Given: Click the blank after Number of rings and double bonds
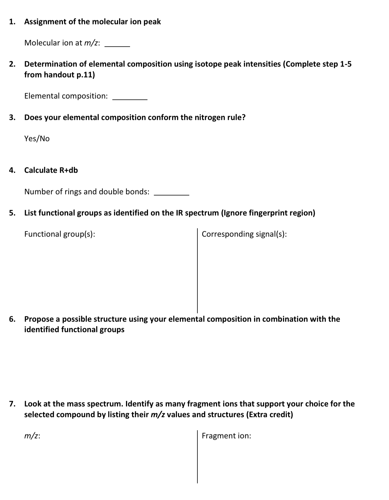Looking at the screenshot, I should click(x=172, y=194).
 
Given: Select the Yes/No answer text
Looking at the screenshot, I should click(x=37, y=139).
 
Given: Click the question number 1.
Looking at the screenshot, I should click(x=12, y=22).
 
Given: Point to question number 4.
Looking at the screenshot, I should click(x=12, y=170).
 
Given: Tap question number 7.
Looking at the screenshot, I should click(x=12, y=404).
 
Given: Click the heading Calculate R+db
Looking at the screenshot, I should click(x=51, y=170).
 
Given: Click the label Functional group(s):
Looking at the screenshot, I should click(x=60, y=234).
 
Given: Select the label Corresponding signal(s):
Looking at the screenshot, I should click(x=244, y=234).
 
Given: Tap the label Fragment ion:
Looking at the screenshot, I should click(x=226, y=436).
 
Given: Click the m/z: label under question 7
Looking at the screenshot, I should click(x=32, y=436).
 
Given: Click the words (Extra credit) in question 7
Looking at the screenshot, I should click(x=270, y=415).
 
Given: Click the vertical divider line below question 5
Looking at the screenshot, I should click(x=197, y=271).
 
